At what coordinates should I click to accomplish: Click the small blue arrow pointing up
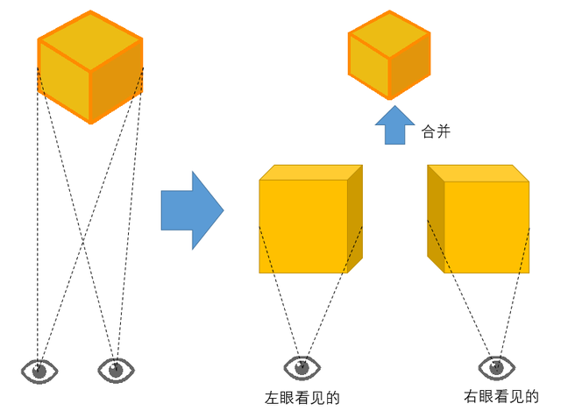(x=394, y=125)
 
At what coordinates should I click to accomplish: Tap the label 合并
(x=436, y=131)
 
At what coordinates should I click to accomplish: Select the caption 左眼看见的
(x=302, y=398)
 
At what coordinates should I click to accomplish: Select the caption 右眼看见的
(x=501, y=397)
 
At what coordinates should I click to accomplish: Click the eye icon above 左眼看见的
(x=302, y=367)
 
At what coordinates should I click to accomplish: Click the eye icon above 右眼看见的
(x=497, y=367)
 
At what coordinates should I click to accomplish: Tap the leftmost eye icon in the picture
(x=39, y=372)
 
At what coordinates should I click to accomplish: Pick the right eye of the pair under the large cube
(x=116, y=371)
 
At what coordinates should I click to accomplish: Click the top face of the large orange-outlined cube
(x=90, y=40)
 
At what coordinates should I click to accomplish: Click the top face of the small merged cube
(x=389, y=33)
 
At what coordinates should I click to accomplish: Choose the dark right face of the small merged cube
(x=409, y=66)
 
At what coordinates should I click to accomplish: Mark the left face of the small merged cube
(x=369, y=66)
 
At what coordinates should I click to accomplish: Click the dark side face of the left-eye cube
(x=355, y=219)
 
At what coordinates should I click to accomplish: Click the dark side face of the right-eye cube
(x=436, y=219)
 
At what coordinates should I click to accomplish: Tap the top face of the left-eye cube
(x=311, y=173)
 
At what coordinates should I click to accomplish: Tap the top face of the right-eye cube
(x=479, y=174)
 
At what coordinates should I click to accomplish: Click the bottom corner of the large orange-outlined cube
(x=91, y=123)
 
